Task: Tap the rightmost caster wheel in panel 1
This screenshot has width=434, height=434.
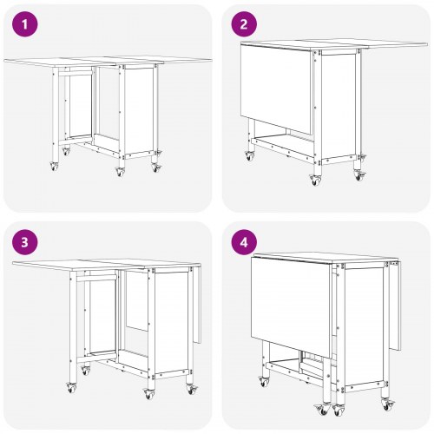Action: pyautogui.click(x=157, y=166)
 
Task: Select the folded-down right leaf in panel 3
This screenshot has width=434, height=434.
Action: pyautogui.click(x=194, y=304)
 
